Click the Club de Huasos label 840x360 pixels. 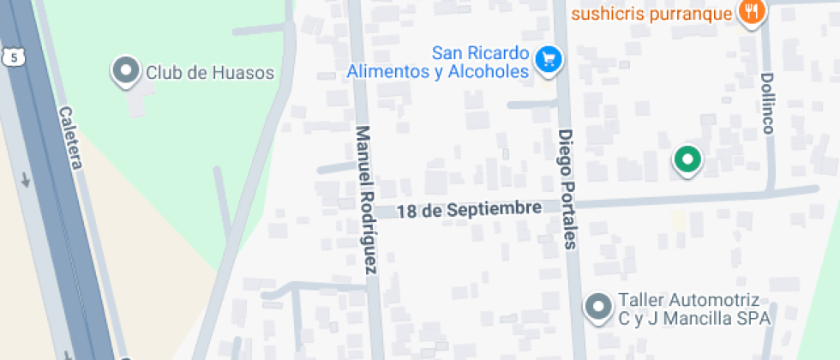[x=209, y=72]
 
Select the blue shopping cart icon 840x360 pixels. [x=548, y=59]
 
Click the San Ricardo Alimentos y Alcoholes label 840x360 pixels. [x=437, y=63]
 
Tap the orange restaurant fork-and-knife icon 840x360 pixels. [x=752, y=13]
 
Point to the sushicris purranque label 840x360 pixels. [x=651, y=14]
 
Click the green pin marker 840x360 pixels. [x=687, y=159]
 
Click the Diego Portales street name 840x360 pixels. [x=567, y=189]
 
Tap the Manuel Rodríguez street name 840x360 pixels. [x=366, y=201]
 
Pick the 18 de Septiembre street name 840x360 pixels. [x=469, y=209]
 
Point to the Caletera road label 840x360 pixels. [x=70, y=137]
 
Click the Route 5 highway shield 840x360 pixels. [x=12, y=57]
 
